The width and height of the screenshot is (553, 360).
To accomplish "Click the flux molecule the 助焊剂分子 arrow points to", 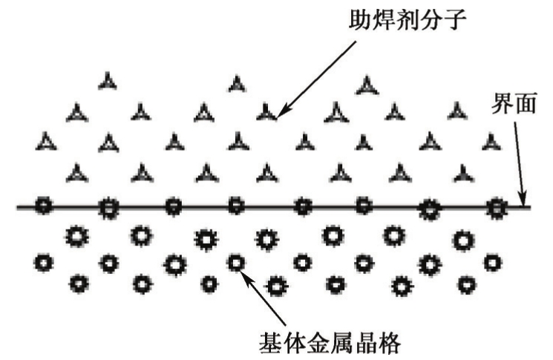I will click(267, 113).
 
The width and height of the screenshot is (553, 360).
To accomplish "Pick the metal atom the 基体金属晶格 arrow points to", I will click(235, 262).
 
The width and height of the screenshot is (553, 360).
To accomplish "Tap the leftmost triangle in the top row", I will click(108, 81).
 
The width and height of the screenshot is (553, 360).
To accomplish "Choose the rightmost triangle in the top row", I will click(367, 85).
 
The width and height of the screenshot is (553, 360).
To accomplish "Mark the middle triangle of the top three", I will click(236, 82).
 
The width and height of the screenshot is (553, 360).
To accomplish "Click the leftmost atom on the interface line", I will click(45, 206).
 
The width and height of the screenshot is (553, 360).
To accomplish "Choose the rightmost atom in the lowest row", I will click(467, 283).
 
